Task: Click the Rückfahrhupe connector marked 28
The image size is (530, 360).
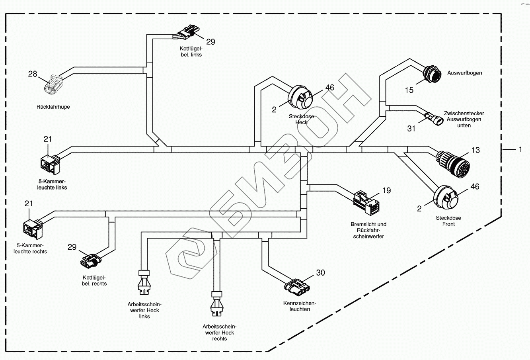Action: tap(53, 84)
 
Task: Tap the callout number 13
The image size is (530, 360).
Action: tap(475, 150)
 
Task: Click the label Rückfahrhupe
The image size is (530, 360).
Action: tap(53, 107)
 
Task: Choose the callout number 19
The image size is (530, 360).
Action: tap(386, 190)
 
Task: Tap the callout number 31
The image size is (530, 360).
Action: tap(411, 129)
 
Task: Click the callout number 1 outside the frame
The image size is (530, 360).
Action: tap(520, 149)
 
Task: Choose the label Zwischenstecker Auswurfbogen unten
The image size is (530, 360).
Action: tap(464, 119)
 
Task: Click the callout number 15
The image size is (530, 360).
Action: tap(409, 90)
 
